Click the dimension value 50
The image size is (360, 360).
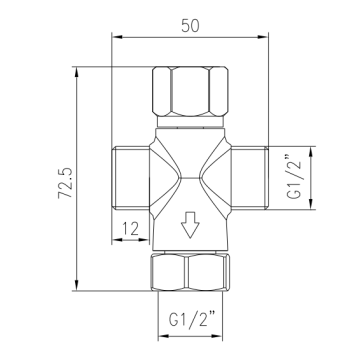(190, 26)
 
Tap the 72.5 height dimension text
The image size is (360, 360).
(65, 183)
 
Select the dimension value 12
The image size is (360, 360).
(130, 229)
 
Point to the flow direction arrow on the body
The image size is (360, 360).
(190, 225)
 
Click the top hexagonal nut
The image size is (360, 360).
(190, 91)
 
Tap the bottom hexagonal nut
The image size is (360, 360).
(190, 272)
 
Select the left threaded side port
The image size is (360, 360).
(131, 178)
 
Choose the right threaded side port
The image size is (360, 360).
(249, 178)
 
